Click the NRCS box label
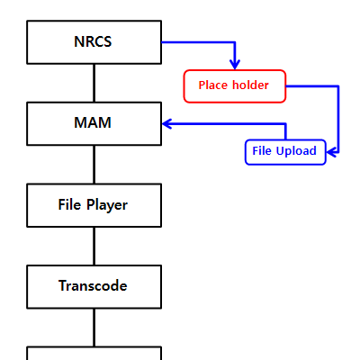pyautogui.click(x=93, y=41)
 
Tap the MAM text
pyautogui.click(x=93, y=122)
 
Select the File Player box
pyautogui.click(x=94, y=205)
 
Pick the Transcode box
pyautogui.click(x=94, y=287)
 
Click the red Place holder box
pyautogui.click(x=235, y=86)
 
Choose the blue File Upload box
pyautogui.click(x=285, y=152)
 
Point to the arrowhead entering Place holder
pyautogui.click(x=235, y=65)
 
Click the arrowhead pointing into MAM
pyautogui.click(x=166, y=123)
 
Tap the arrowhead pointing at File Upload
pyautogui.click(x=331, y=152)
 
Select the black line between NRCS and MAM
pyautogui.click(x=94, y=83)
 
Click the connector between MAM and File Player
pyautogui.click(x=94, y=165)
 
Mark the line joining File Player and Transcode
pyautogui.click(x=94, y=246)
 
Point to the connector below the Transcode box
pyautogui.click(x=94, y=328)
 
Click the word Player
pyautogui.click(x=107, y=205)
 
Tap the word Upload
pyautogui.click(x=296, y=151)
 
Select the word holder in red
pyautogui.click(x=250, y=85)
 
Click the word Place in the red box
pyautogui.click(x=213, y=85)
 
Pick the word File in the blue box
pyautogui.click(x=262, y=150)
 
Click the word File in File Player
pyautogui.click(x=69, y=204)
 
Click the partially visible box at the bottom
pyautogui.click(x=94, y=354)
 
